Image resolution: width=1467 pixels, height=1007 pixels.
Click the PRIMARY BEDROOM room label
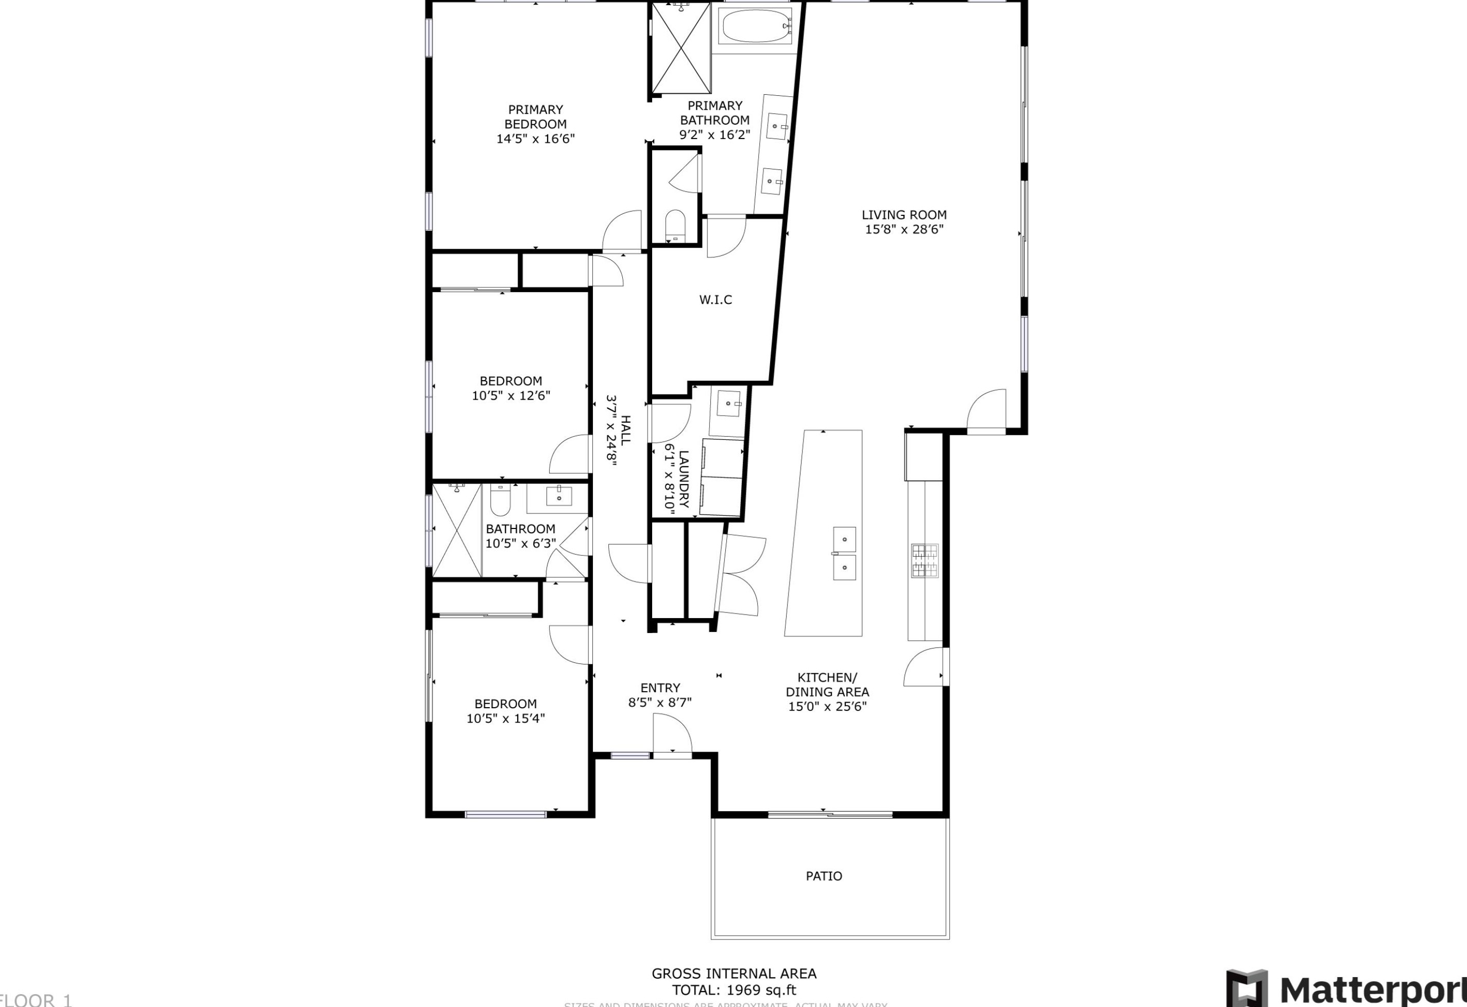535,117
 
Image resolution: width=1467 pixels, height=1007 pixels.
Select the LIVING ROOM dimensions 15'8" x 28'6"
904,230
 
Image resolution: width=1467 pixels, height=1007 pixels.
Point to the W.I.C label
715,300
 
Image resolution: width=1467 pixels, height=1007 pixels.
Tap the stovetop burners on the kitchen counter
924,560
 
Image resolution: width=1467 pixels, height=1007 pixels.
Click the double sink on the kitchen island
844,554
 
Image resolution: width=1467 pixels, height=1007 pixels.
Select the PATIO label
824,876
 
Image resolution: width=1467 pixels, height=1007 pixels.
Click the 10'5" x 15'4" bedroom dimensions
506,719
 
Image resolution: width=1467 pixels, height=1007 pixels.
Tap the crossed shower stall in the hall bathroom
457,531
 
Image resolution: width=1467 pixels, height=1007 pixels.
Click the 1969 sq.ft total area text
733,991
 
